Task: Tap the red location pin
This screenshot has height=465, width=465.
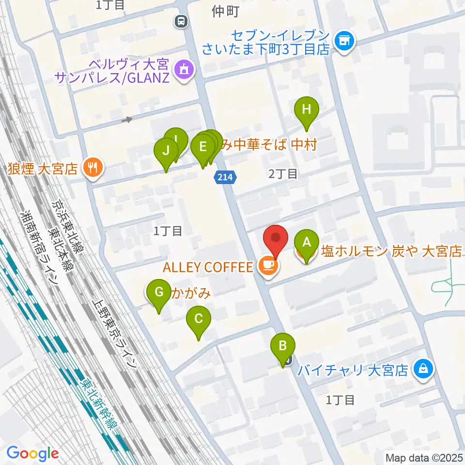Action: pos(276,239)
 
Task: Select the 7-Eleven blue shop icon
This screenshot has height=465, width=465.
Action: pos(345,42)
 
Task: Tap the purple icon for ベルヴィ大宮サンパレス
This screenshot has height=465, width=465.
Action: pos(184,71)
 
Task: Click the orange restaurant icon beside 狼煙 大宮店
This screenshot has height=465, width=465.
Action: pos(91,168)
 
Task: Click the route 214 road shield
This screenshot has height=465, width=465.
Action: pos(226,178)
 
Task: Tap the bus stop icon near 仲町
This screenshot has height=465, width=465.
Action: pos(181,21)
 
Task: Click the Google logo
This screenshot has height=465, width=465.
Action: pos(33,453)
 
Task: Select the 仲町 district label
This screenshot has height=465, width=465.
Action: pos(226,12)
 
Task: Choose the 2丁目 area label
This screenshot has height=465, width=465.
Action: pos(283,174)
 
